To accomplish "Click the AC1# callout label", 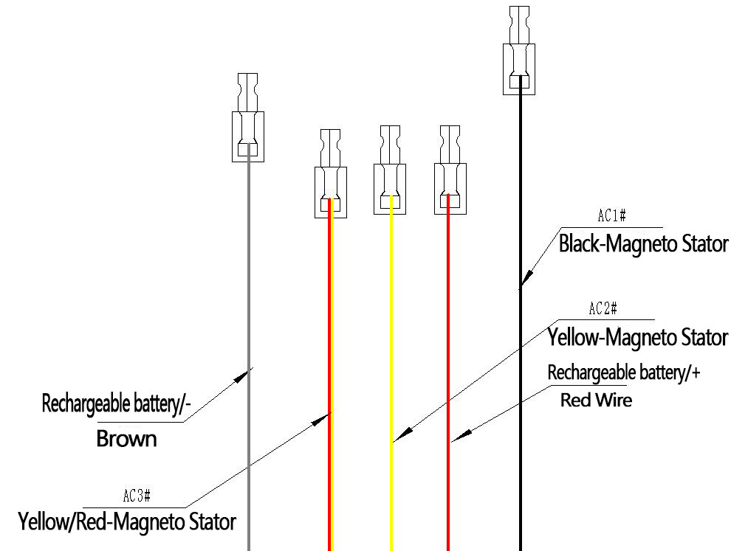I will coord(612,216).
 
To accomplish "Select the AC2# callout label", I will coord(603,309).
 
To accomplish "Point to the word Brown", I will coord(127,439).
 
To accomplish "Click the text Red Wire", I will coord(596,401).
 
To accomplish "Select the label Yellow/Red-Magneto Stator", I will coord(127,522).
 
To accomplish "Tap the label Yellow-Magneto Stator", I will coord(637,338).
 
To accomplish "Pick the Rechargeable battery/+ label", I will coord(623,372).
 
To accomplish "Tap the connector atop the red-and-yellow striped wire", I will coord(330,173).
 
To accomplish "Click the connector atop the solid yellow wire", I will coord(390,169).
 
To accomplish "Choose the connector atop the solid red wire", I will coord(450,169).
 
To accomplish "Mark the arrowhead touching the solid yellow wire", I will coord(397,438).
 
